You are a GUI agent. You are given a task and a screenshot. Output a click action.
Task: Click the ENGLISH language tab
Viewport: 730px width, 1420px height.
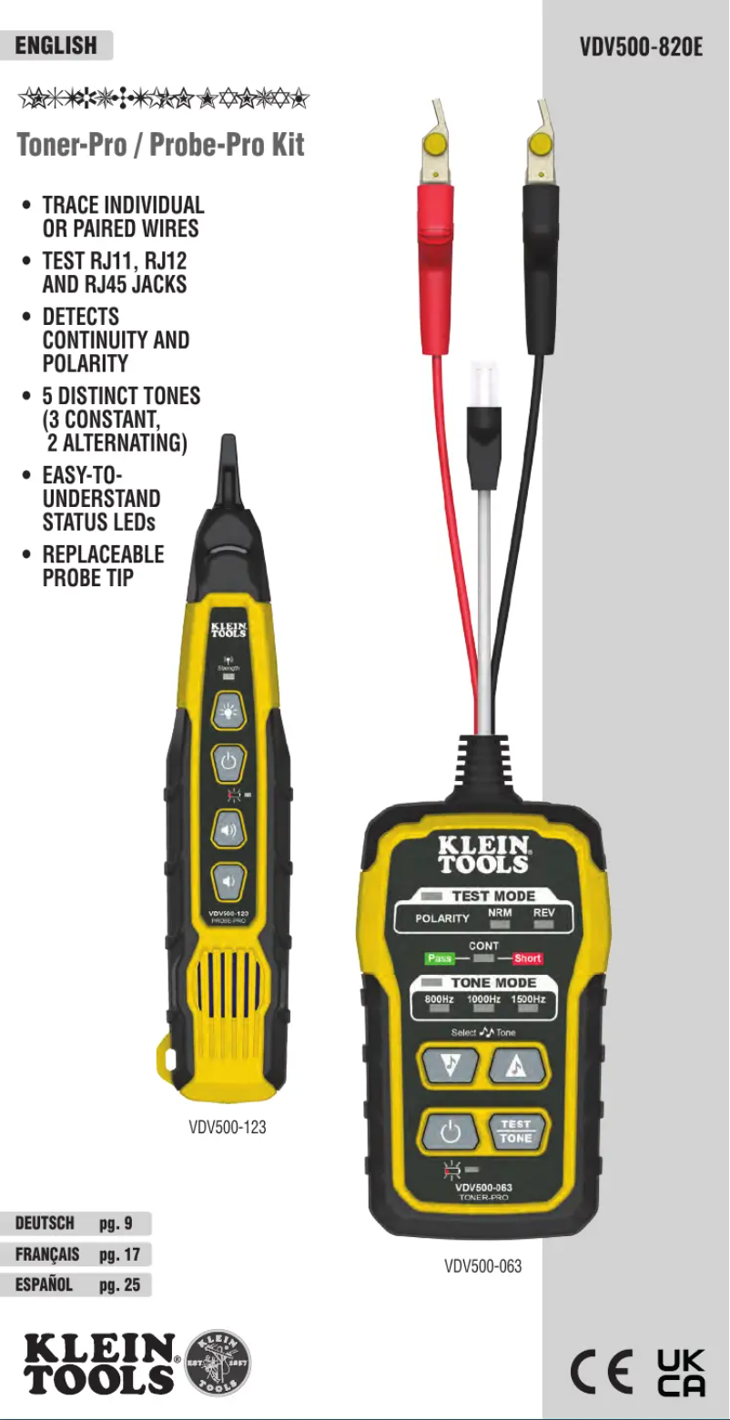pyautogui.click(x=56, y=46)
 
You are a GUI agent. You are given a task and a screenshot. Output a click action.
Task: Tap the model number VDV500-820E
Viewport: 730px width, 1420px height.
pyautogui.click(x=641, y=46)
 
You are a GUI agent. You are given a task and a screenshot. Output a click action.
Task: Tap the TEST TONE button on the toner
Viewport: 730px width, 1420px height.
pyautogui.click(x=515, y=1131)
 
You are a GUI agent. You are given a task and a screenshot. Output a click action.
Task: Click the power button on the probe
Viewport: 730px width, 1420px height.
pyautogui.click(x=228, y=760)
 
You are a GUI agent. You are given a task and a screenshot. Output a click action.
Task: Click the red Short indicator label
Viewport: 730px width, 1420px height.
pyautogui.click(x=527, y=958)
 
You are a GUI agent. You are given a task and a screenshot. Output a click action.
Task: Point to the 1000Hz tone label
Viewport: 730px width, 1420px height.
pyautogui.click(x=483, y=999)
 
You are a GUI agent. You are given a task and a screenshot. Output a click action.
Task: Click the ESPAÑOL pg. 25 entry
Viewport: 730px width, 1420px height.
pyautogui.click(x=76, y=1285)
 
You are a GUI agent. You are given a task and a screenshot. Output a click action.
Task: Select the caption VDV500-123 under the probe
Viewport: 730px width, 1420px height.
pyautogui.click(x=228, y=1127)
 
